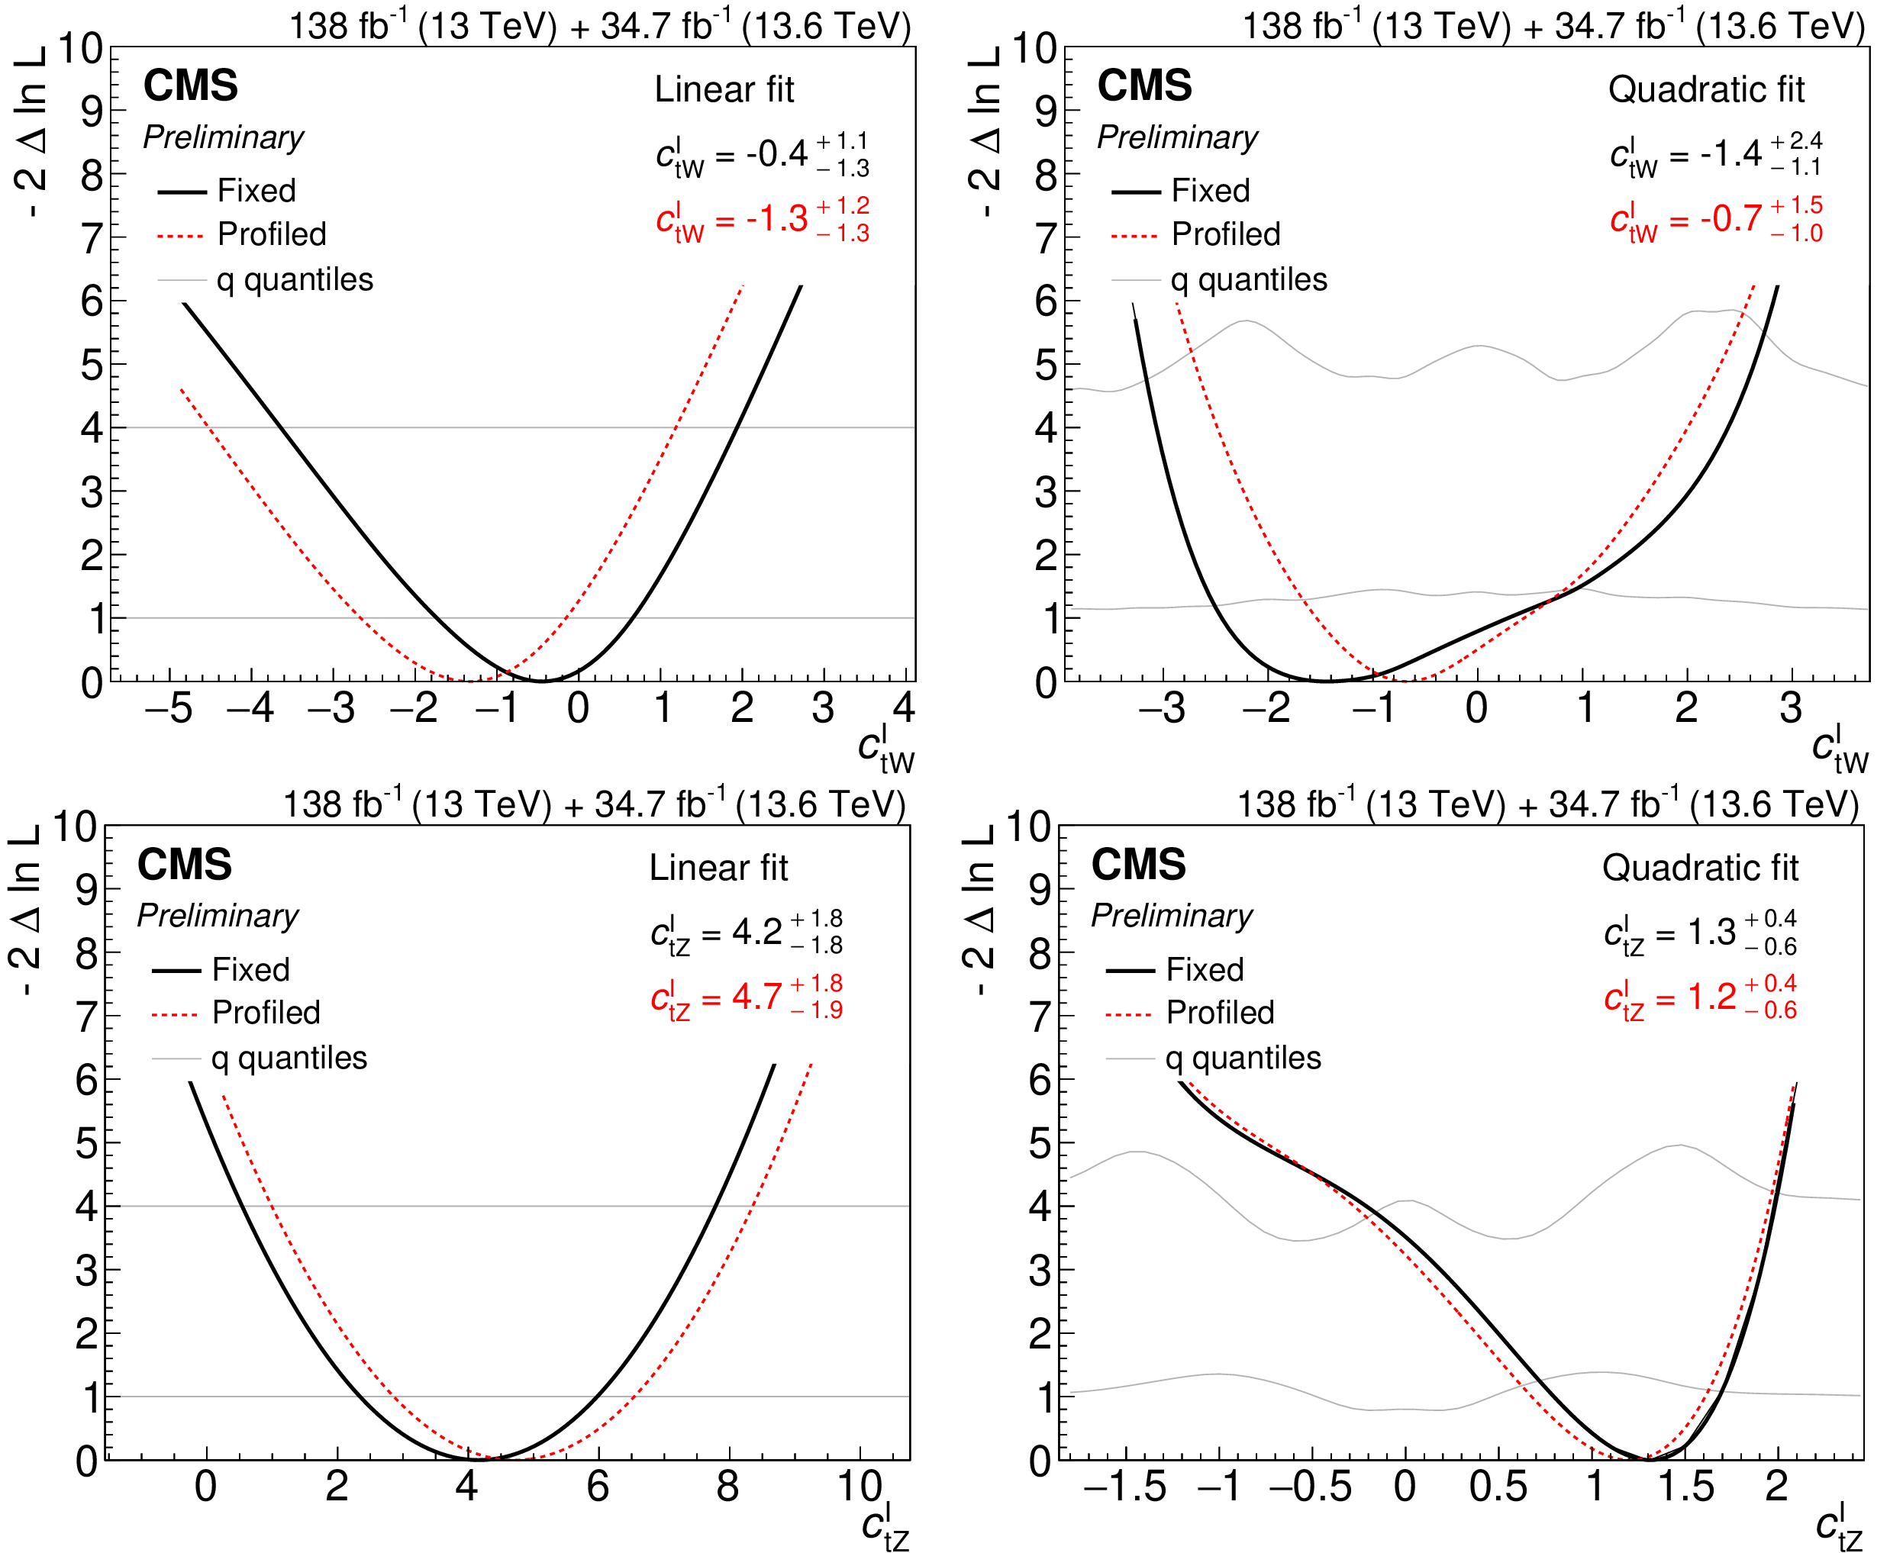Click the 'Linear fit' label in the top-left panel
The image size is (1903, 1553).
724,89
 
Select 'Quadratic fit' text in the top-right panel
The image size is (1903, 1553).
1706,89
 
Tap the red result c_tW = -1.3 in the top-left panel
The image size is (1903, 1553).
761,219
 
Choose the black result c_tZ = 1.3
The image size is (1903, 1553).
1699,932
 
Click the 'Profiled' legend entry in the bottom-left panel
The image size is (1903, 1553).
266,1013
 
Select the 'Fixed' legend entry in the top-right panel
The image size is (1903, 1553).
1210,191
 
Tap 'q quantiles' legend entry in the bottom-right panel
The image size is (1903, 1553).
1243,1058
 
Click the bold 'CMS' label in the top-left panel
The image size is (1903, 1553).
191,86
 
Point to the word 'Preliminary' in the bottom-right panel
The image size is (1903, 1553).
1171,915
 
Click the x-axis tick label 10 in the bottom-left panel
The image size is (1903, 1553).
860,1487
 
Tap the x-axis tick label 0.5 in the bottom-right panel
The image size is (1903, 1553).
1498,1487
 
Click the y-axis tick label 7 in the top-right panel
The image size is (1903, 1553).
1046,239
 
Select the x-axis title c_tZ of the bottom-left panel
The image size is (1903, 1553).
885,1527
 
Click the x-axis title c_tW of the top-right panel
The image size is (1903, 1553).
1839,749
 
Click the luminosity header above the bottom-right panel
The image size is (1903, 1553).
1548,804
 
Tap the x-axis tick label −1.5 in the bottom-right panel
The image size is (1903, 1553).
1124,1487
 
